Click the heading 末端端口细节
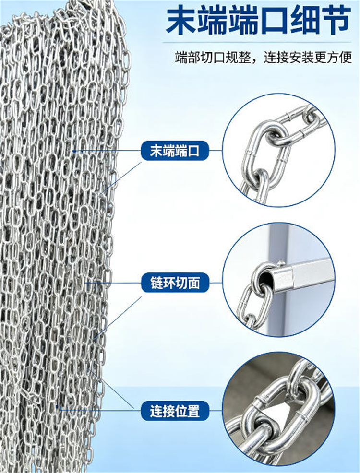click(x=258, y=21)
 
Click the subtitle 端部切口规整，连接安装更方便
click(x=264, y=57)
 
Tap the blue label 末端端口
click(x=175, y=151)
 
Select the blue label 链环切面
click(x=175, y=283)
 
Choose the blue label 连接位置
click(x=175, y=411)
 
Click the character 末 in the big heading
click(x=181, y=21)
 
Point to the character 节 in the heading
click(x=336, y=21)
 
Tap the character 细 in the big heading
click(x=305, y=21)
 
